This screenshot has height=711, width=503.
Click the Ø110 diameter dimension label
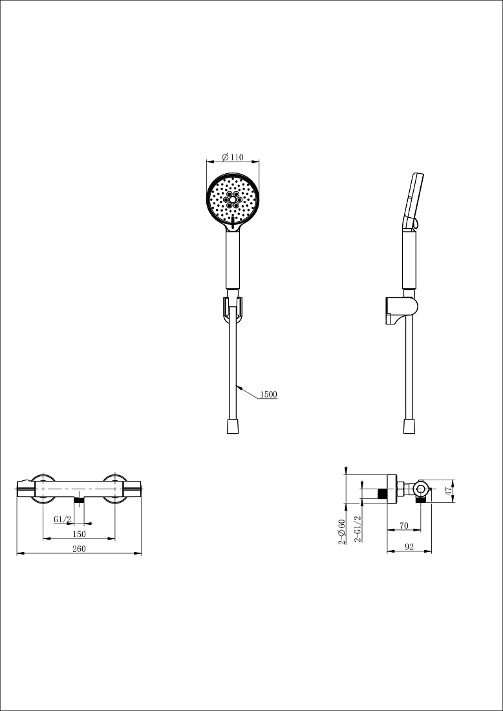(233, 157)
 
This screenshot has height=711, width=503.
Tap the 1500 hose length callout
(268, 394)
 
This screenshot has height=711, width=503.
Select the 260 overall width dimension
(79, 549)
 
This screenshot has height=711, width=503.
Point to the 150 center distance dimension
(78, 534)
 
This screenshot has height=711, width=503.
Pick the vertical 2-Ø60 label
(342, 531)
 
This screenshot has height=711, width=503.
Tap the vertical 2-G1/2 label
(358, 529)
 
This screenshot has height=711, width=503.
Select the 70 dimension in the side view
(403, 525)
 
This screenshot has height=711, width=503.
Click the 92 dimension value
(409, 547)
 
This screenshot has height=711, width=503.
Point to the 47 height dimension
(449, 491)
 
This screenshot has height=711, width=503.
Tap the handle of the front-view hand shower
(233, 260)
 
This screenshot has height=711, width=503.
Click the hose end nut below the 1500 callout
(233, 426)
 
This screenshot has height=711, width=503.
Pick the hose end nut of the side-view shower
(409, 426)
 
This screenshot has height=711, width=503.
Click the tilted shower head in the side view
(414, 201)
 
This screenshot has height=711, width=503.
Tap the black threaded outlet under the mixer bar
(80, 500)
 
